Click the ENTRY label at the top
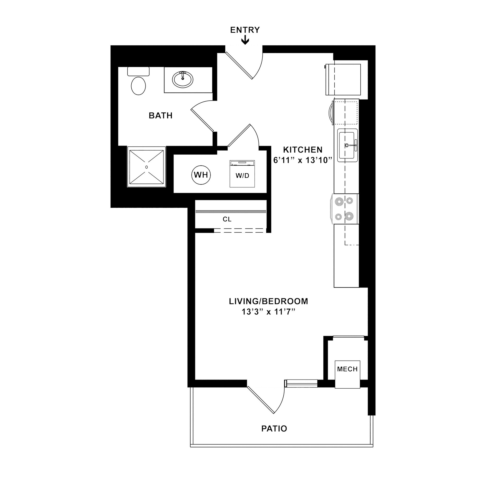pyautogui.click(x=245, y=30)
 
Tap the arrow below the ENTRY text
pyautogui.click(x=245, y=40)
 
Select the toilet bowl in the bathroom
pyautogui.click(x=138, y=86)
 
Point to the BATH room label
pyautogui.click(x=161, y=116)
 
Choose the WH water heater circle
pyautogui.click(x=201, y=175)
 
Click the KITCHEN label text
pyautogui.click(x=303, y=149)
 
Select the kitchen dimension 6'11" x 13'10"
pyautogui.click(x=303, y=161)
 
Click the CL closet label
pyautogui.click(x=227, y=219)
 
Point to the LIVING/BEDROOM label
pyautogui.click(x=268, y=301)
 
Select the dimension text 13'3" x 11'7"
pyautogui.click(x=268, y=312)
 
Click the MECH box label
pyautogui.click(x=347, y=369)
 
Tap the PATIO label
pyautogui.click(x=274, y=429)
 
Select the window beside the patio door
pyautogui.click(x=302, y=383)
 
